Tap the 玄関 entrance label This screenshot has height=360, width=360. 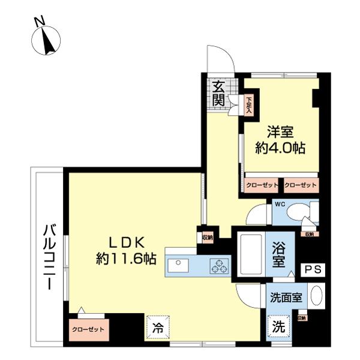tap(218, 93)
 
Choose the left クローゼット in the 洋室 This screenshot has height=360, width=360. tap(262, 185)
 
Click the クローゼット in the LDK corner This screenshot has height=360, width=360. tap(88, 329)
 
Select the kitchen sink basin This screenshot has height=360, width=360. tap(178, 264)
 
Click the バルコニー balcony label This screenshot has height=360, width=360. tap(49, 257)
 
